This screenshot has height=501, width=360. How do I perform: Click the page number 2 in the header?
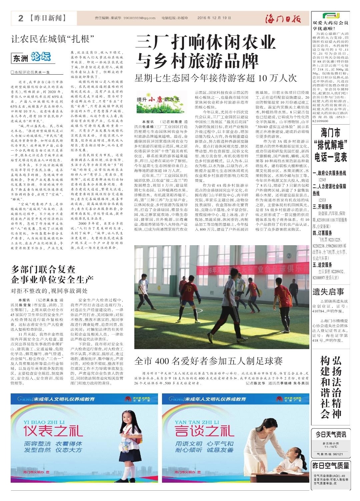[x=21, y=18]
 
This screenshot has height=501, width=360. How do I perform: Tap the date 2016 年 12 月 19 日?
[x=214, y=18]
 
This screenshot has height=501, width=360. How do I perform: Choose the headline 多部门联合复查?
[x=43, y=269]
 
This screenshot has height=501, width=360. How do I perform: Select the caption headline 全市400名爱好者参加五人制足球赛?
[x=208, y=361]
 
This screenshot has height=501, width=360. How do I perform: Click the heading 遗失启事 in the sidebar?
[x=328, y=292]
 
